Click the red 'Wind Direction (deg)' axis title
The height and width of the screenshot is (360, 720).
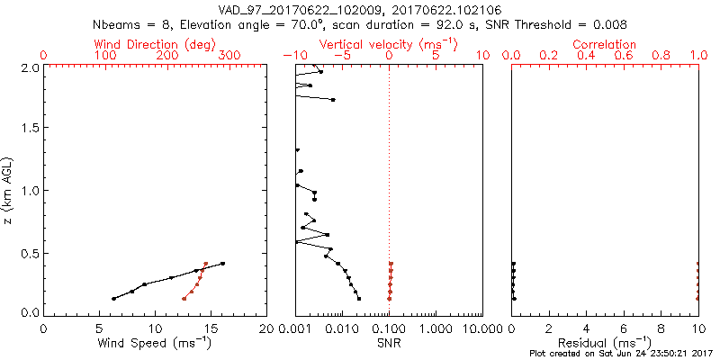[154, 44]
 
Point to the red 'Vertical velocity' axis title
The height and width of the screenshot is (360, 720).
[388, 44]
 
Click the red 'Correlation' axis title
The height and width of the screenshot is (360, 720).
[605, 44]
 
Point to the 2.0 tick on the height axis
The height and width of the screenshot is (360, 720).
[29, 67]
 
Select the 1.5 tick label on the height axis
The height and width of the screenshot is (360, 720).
[29, 129]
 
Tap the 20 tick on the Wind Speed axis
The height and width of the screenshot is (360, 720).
[266, 328]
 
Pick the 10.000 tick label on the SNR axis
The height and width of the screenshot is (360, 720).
[482, 328]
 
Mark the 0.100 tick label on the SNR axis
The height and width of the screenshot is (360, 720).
[389, 328]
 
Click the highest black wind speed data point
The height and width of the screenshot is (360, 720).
[222, 264]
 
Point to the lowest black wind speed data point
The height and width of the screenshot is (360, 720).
[113, 299]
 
